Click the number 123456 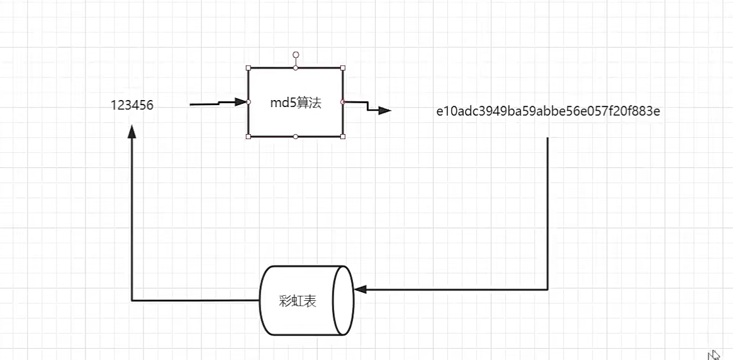pyautogui.click(x=132, y=106)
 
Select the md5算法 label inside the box pyautogui.click(x=296, y=103)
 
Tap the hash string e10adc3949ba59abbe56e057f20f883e pyautogui.click(x=548, y=111)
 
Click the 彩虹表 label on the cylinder pyautogui.click(x=298, y=301)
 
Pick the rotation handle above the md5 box pyautogui.click(x=296, y=55)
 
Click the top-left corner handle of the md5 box pyautogui.click(x=249, y=68)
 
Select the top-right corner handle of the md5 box pyautogui.click(x=343, y=68)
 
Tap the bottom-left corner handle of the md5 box pyautogui.click(x=249, y=136)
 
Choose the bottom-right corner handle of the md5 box pyautogui.click(x=343, y=136)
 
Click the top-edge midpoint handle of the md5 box pyautogui.click(x=296, y=68)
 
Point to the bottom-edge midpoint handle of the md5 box pyautogui.click(x=296, y=136)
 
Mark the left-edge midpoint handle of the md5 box pyautogui.click(x=249, y=102)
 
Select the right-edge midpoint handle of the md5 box pyautogui.click(x=343, y=102)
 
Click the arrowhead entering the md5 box pyautogui.click(x=240, y=102)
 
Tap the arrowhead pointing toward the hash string pyautogui.click(x=384, y=111)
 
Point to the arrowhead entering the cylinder pyautogui.click(x=360, y=290)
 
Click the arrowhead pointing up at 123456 pyautogui.click(x=131, y=131)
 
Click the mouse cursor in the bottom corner pyautogui.click(x=713, y=355)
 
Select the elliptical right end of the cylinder pyautogui.click(x=344, y=300)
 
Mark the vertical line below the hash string pyautogui.click(x=548, y=214)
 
